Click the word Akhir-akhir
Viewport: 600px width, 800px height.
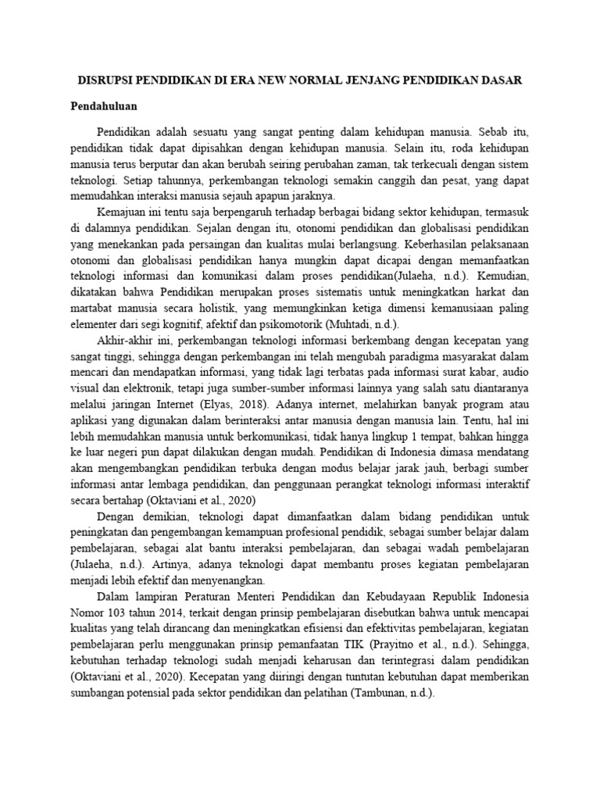[x=129, y=341]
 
